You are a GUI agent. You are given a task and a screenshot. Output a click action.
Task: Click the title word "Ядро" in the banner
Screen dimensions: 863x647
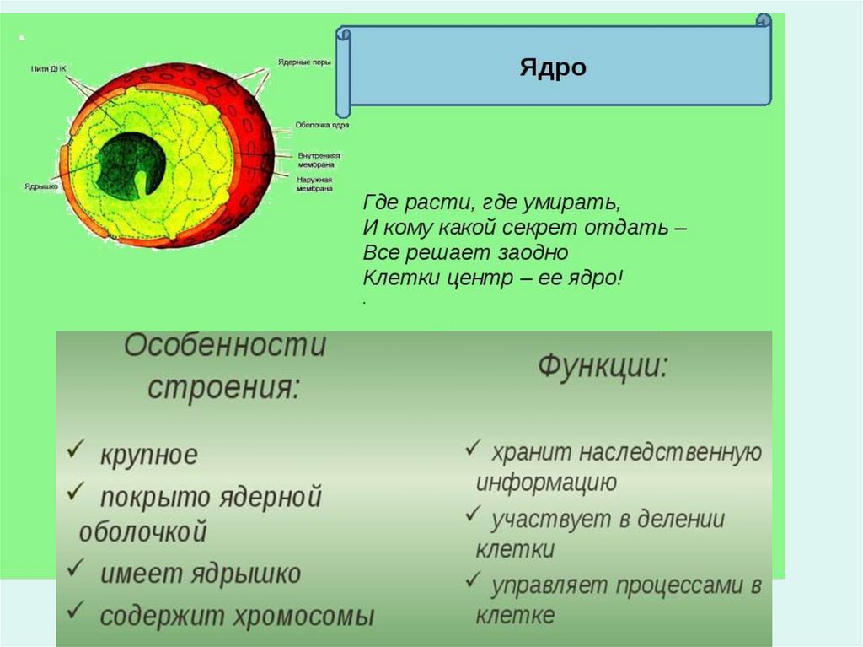(x=552, y=67)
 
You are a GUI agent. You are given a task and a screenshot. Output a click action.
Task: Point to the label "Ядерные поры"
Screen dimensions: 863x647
(x=304, y=62)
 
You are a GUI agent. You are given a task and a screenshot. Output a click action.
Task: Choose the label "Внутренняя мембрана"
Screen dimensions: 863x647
(x=319, y=159)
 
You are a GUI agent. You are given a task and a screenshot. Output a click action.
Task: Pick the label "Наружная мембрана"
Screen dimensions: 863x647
(x=314, y=185)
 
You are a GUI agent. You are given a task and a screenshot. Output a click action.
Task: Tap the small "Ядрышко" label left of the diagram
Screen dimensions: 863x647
(x=41, y=186)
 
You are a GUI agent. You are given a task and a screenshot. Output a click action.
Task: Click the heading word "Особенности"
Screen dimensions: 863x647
(x=225, y=346)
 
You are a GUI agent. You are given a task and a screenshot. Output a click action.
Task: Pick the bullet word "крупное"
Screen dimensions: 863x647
(x=148, y=456)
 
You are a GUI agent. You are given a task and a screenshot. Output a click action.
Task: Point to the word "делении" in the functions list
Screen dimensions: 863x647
(x=682, y=519)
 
